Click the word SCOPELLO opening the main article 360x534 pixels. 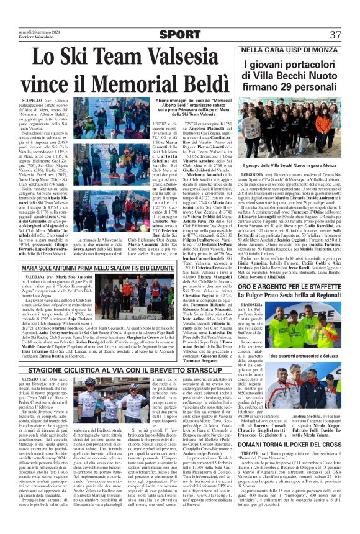pos(31,99)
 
